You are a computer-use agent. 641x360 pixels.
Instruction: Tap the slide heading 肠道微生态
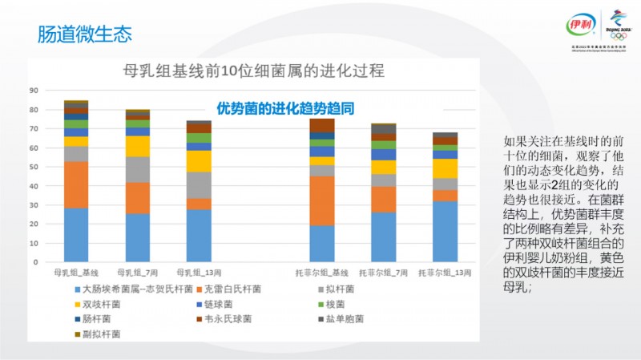[85, 34]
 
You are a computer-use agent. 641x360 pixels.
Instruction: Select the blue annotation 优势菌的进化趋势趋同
[285, 107]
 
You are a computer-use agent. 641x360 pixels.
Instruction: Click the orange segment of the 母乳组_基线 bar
[76, 184]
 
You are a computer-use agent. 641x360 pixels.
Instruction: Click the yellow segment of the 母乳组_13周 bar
[199, 161]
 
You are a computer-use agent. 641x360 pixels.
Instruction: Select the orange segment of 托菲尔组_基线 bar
[322, 200]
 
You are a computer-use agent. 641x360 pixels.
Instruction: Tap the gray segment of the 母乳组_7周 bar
[138, 169]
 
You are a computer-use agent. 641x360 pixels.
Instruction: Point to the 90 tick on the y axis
[34, 89]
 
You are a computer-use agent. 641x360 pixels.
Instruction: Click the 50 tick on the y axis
[34, 166]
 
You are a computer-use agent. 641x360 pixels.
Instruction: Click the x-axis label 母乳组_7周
[138, 273]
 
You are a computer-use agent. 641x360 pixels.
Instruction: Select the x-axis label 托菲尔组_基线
[322, 273]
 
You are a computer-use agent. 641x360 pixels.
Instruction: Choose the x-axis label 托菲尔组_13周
[445, 273]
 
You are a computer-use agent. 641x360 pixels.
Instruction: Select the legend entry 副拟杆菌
[99, 333]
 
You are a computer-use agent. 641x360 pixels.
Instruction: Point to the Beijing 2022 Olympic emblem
[618, 23]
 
